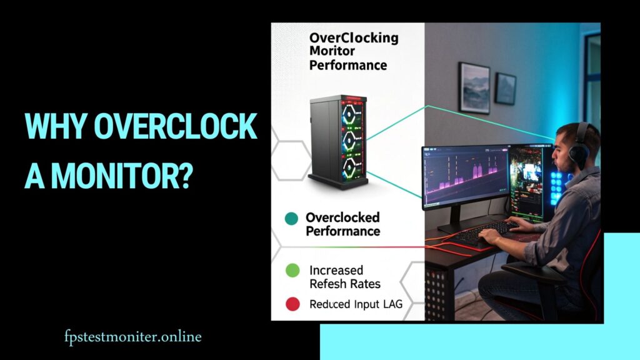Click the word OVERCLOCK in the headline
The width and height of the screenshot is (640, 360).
point(176,128)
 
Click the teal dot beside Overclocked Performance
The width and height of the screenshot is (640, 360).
point(291,219)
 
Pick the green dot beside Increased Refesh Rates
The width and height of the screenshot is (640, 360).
point(291,271)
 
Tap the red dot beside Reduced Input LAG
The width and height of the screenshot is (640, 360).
point(291,305)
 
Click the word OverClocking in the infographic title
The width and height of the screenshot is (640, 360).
point(354,39)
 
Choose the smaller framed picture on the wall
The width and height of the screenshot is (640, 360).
point(505,89)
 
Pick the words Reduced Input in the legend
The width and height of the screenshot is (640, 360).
point(345,305)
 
